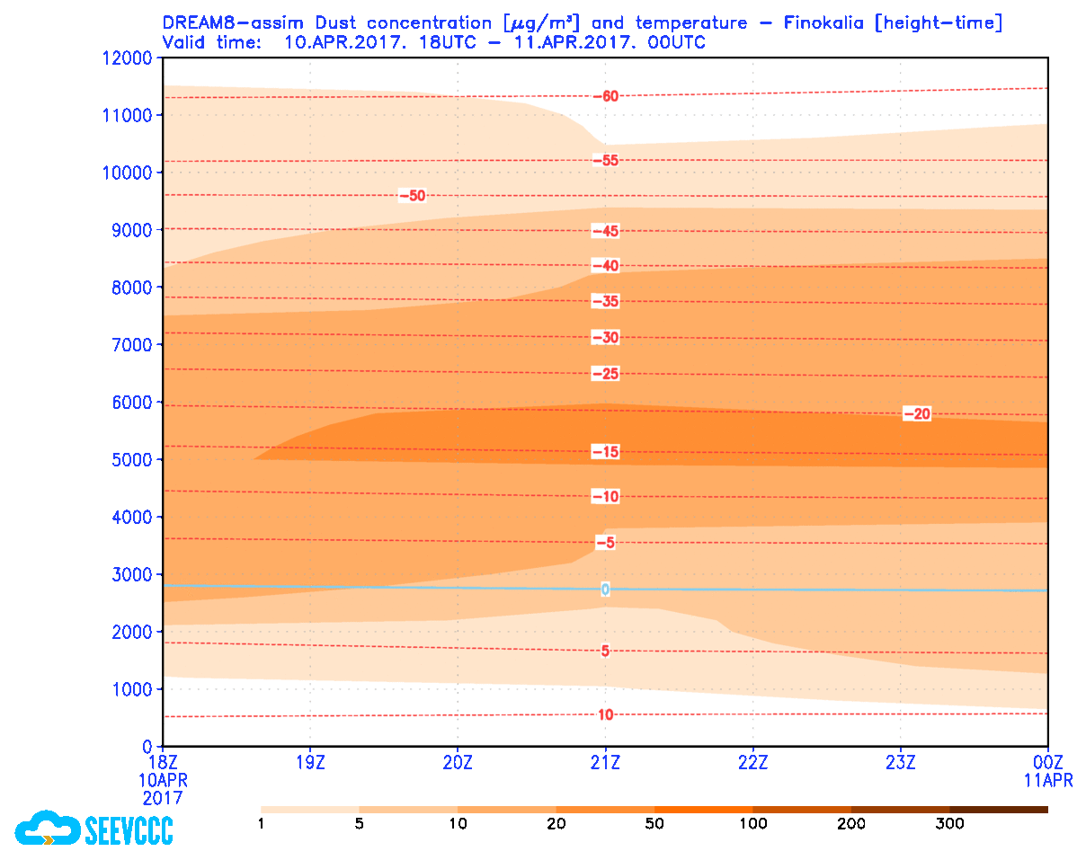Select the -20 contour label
[917, 413]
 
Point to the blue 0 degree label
[605, 590]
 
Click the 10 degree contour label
[605, 714]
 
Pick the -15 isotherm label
[606, 451]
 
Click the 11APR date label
[1047, 781]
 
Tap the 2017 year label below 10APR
[163, 798]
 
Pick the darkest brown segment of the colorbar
[998, 810]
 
